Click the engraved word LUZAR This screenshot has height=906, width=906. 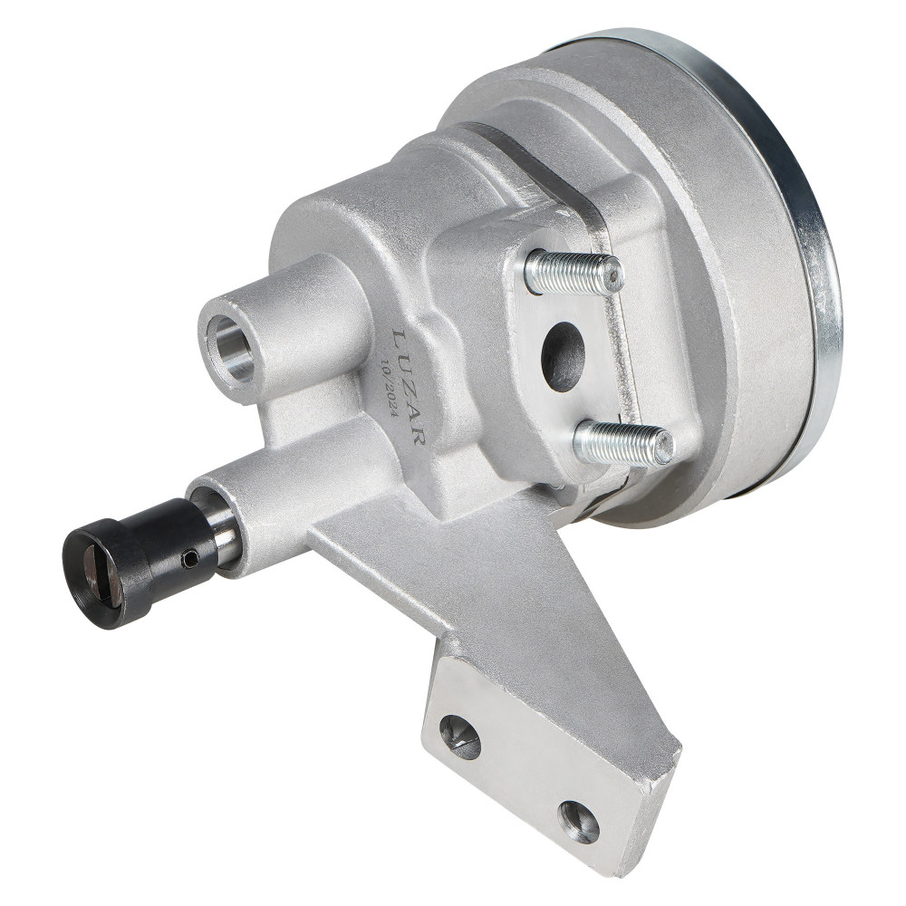click(x=410, y=386)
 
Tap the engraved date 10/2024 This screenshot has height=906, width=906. click(x=390, y=393)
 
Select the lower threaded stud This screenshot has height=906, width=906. click(x=624, y=443)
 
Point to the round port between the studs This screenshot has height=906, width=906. click(x=563, y=356)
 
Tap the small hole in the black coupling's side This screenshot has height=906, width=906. click(x=190, y=557)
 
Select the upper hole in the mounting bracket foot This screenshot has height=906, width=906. click(x=460, y=737)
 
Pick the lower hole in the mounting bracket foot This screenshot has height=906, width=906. click(x=578, y=822)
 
